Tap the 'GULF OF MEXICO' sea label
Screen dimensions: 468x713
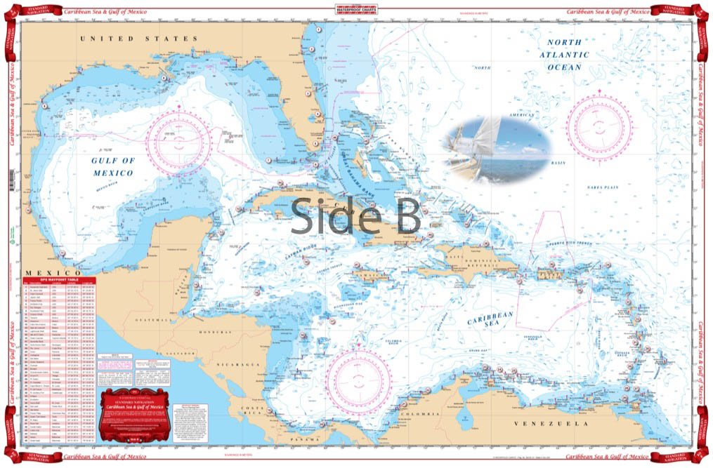coord(112,166)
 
